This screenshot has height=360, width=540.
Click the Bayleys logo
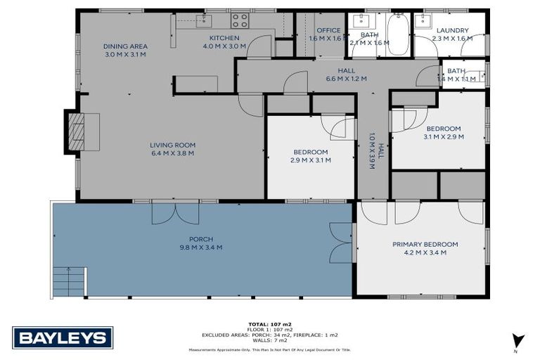click(63, 337)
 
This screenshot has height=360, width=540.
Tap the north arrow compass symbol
click(518, 341)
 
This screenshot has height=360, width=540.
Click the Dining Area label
click(126, 46)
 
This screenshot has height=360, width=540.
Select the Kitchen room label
click(224, 38)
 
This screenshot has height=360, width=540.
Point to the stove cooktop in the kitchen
click(240, 20)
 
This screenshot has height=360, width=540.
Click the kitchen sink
click(205, 20)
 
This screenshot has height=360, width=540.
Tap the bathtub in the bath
click(398, 33)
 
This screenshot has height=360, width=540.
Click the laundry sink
click(423, 20)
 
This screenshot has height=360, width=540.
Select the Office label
click(328, 30)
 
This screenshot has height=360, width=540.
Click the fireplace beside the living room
click(76, 131)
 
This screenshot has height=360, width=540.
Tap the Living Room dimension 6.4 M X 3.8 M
click(172, 153)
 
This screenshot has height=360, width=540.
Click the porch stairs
click(69, 282)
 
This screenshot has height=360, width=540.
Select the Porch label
click(201, 239)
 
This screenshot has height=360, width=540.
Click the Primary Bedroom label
click(425, 244)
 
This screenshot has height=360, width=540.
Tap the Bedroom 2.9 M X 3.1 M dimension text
click(311, 160)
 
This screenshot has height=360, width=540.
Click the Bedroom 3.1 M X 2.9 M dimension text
click(443, 137)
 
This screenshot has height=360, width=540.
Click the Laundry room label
click(452, 30)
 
